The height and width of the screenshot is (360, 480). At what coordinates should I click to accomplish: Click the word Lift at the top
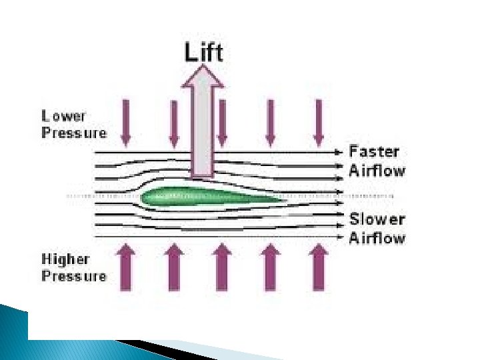point(203,52)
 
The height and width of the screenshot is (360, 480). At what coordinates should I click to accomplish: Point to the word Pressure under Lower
point(74,132)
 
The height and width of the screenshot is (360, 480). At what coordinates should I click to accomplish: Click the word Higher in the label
point(66,259)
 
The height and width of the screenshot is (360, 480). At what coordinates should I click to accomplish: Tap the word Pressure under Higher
point(74,275)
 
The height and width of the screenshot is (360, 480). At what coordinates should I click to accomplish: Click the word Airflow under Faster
point(377,170)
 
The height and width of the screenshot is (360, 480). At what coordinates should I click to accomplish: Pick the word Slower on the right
point(377,219)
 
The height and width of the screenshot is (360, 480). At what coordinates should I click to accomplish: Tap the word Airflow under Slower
point(377,238)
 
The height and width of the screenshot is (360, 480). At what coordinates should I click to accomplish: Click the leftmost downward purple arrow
point(126,123)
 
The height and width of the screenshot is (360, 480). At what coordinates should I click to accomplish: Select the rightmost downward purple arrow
point(319,123)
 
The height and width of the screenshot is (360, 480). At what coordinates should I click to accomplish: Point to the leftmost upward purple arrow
point(126,267)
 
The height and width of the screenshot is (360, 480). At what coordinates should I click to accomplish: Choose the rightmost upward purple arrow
point(319,267)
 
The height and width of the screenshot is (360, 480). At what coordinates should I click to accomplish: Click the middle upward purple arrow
point(222,267)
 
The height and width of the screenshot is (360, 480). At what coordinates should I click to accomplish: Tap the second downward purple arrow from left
point(174,123)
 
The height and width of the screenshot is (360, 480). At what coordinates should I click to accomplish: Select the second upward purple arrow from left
point(174,267)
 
